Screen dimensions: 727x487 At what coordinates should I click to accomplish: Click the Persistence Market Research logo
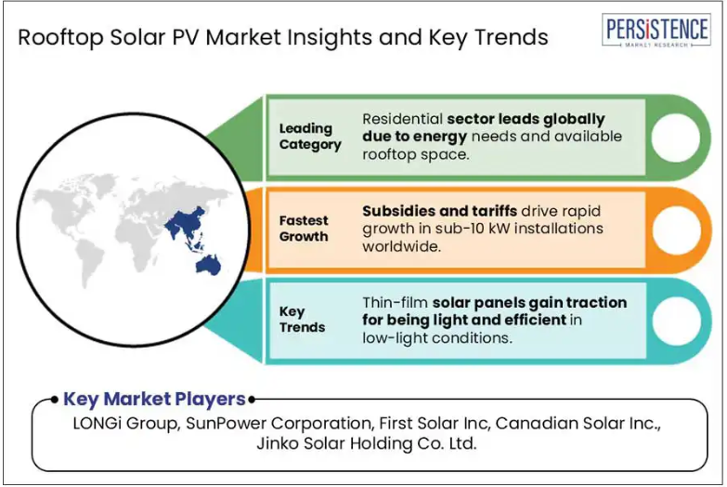pos(656,30)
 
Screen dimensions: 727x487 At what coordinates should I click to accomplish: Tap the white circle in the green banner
pos(676,138)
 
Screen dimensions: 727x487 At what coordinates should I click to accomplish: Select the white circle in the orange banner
pos(677,230)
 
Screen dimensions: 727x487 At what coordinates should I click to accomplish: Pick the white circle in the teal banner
pos(677,322)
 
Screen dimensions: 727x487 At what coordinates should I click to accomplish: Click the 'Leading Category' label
pos(310,136)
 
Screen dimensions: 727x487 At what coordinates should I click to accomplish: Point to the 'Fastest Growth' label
pos(304,228)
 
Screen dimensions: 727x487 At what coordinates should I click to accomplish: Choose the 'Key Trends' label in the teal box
pos(302,320)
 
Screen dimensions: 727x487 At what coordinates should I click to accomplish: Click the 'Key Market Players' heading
pos(154,399)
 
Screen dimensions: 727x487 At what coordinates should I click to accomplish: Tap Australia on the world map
pos(208,266)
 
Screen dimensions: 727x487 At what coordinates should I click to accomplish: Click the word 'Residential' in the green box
pos(402,119)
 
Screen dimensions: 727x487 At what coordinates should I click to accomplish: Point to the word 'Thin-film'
pos(395,302)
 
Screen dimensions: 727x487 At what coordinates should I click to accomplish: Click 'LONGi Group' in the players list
pos(124,424)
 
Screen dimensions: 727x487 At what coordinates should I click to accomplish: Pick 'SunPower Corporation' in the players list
pos(279,424)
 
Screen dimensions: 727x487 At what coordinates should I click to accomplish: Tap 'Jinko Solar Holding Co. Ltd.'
pos(367,443)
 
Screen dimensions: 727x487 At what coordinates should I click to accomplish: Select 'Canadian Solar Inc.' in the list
pos(578,424)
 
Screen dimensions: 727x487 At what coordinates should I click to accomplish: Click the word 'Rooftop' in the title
pos(60,37)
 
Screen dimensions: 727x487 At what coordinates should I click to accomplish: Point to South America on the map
pos(89,262)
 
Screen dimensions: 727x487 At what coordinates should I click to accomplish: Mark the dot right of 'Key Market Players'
pos(252,400)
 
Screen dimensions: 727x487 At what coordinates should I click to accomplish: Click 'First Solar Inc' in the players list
pos(433,424)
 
